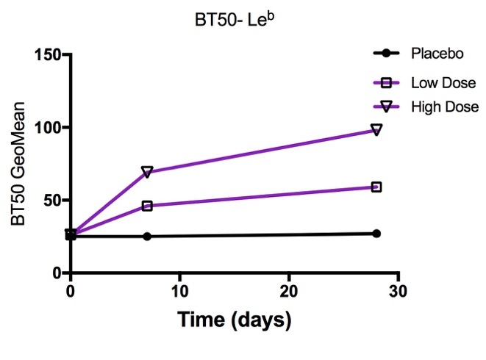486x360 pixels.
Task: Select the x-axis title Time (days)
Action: pos(234,320)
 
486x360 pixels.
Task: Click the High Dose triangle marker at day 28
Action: pos(376,130)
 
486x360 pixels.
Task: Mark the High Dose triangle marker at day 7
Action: pos(147,172)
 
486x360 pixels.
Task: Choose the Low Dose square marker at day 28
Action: pos(376,187)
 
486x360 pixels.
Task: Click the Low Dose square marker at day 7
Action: pos(147,206)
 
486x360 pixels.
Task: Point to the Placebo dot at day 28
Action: pos(376,234)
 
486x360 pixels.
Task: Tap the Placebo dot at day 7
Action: pos(147,237)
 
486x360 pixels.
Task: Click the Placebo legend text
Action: pos(437,54)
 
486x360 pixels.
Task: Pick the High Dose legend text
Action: pos(445,107)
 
